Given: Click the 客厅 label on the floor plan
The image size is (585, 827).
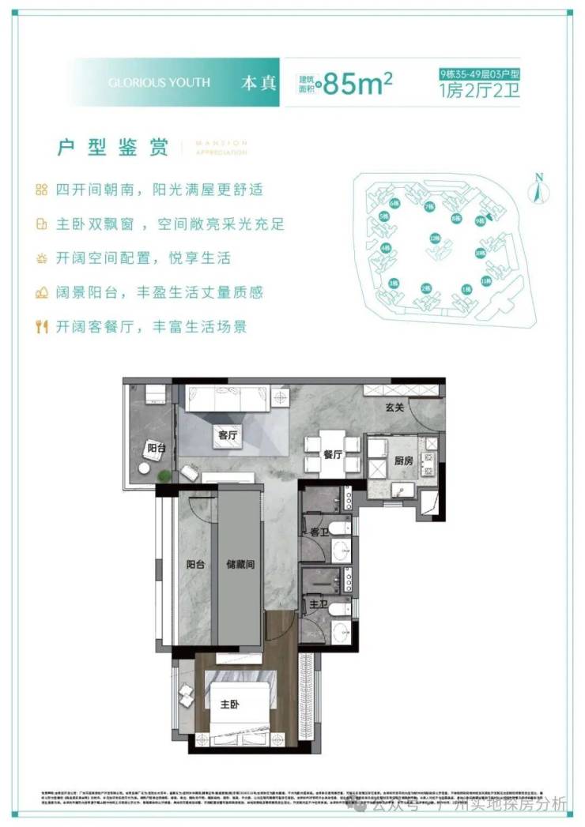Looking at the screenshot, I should pyautogui.click(x=227, y=434).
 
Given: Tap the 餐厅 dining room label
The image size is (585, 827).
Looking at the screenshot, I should pyautogui.click(x=332, y=455).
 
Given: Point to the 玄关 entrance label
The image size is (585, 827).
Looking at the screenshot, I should pyautogui.click(x=395, y=408).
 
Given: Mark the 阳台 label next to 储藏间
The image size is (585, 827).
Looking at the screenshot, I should pyautogui.click(x=197, y=565).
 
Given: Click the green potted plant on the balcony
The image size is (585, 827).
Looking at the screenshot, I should pyautogui.click(x=164, y=476).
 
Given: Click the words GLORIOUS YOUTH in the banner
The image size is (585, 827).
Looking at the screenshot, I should pyautogui.click(x=159, y=82).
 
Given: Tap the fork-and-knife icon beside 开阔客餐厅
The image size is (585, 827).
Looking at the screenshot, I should pyautogui.click(x=41, y=326).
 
